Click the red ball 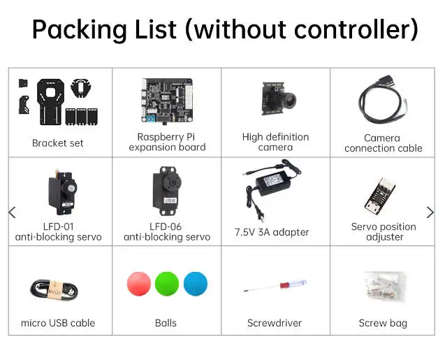coord(139,284)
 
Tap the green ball coord(167,284)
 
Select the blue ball coord(196,284)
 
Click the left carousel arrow coord(12,213)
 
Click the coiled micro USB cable coord(54,289)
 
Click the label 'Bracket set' coord(57,143)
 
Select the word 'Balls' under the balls coord(166,323)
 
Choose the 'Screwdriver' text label coord(275,323)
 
